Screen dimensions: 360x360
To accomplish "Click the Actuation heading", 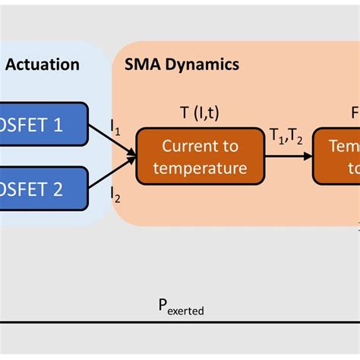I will (x=42, y=65).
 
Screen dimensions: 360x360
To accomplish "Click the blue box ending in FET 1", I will (x=43, y=125).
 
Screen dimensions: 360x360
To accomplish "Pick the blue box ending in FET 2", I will (x=43, y=188).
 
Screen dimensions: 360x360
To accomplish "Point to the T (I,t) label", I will (x=200, y=112).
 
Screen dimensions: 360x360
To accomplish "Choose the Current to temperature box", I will (x=201, y=156).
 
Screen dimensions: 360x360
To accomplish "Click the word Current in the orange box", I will (x=201, y=147).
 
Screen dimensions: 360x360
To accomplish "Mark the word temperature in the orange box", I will (x=201, y=167).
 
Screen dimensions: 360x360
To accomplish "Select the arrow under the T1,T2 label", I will (x=291, y=156).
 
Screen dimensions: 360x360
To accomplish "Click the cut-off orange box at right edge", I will (x=337, y=156).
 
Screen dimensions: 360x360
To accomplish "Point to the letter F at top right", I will (x=355, y=112).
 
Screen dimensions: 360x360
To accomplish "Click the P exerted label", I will (x=180, y=307).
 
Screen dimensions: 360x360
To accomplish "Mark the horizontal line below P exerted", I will (x=180, y=322).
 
